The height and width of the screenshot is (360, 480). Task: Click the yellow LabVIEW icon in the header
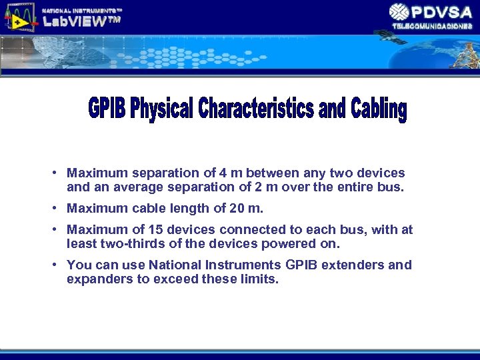19,17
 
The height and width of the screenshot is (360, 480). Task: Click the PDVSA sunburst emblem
399,12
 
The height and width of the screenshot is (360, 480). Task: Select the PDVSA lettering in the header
442,12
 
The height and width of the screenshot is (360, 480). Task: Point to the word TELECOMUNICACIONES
432,26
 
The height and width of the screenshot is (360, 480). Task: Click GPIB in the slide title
107,109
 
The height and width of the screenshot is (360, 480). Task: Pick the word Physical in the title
161,109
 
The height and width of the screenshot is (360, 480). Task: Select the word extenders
353,265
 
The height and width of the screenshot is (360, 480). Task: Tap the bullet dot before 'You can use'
53,265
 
